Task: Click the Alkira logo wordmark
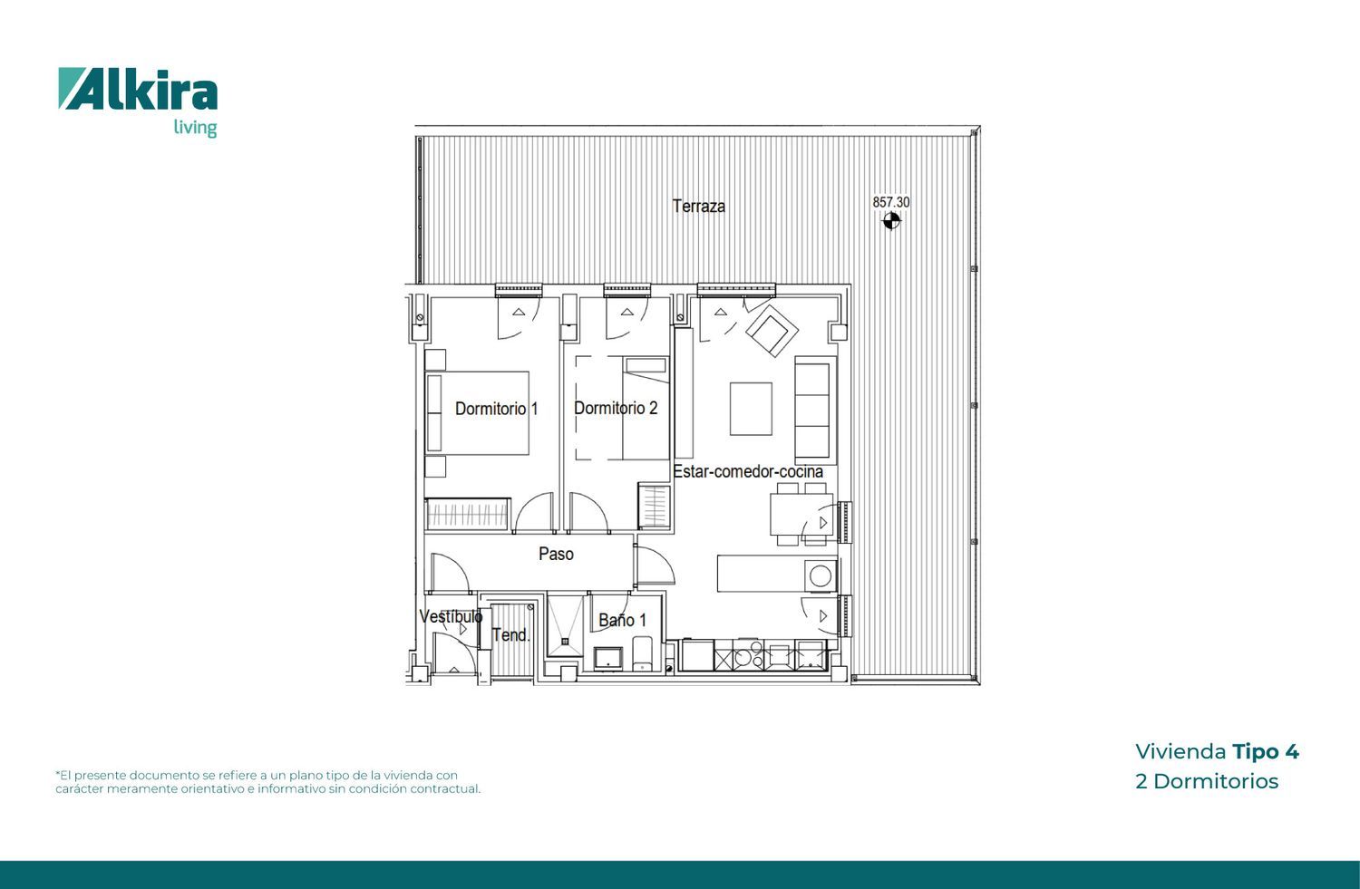[x=138, y=89]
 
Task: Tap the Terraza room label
[x=698, y=207]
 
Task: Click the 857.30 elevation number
[x=890, y=202]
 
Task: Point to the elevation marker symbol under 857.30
[x=890, y=221]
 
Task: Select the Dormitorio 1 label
[x=496, y=409]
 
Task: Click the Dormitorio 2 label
[x=616, y=408]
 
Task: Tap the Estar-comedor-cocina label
[x=748, y=471]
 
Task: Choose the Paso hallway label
[x=556, y=554]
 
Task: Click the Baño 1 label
[x=622, y=620]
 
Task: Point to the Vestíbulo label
[x=451, y=616]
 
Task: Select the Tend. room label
[x=510, y=634]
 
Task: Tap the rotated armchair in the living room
[x=771, y=331]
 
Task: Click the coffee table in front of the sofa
[x=751, y=409]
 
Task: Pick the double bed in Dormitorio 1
[x=477, y=412]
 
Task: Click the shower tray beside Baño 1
[x=565, y=625]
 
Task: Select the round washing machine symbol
[x=821, y=575]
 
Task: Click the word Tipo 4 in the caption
[x=1266, y=752]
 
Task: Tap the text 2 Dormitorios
[x=1207, y=781]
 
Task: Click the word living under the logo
[x=195, y=128]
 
